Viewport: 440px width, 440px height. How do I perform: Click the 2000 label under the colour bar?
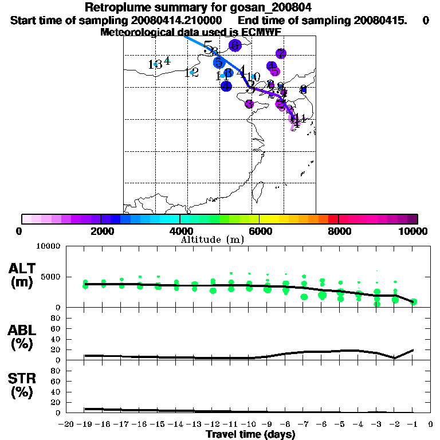pos(101,231)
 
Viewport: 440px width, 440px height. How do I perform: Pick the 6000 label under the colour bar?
pos(260,231)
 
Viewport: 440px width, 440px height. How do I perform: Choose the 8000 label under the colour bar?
pos(339,231)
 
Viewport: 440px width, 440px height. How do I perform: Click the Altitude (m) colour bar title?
pos(212,239)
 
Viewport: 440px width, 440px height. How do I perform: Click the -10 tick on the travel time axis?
pos(249,425)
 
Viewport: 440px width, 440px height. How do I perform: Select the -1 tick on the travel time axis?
pos(413,425)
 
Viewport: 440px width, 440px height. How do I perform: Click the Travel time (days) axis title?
pos(250,435)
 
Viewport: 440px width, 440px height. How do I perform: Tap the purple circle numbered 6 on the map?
pos(234,45)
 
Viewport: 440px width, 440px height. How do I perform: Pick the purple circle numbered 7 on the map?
pos(281,53)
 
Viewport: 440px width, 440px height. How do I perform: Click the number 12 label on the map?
pos(192,72)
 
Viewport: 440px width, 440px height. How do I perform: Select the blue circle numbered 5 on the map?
pos(218,62)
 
